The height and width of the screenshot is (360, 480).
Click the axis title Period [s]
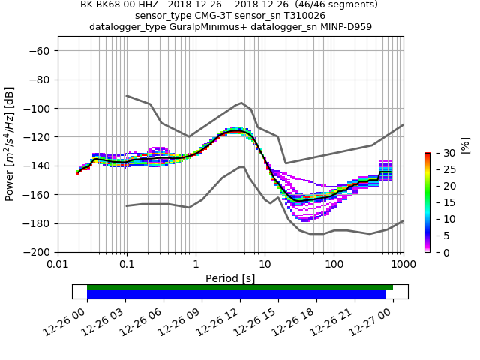pos(230,278)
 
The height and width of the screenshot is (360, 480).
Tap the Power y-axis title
pos(10,144)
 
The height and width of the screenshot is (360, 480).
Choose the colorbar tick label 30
pos(441,153)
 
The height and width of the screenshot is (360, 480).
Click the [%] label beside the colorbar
pos(465,145)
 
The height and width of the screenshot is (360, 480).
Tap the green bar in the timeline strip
pos(240,287)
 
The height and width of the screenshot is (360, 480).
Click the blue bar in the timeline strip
pos(236,295)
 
